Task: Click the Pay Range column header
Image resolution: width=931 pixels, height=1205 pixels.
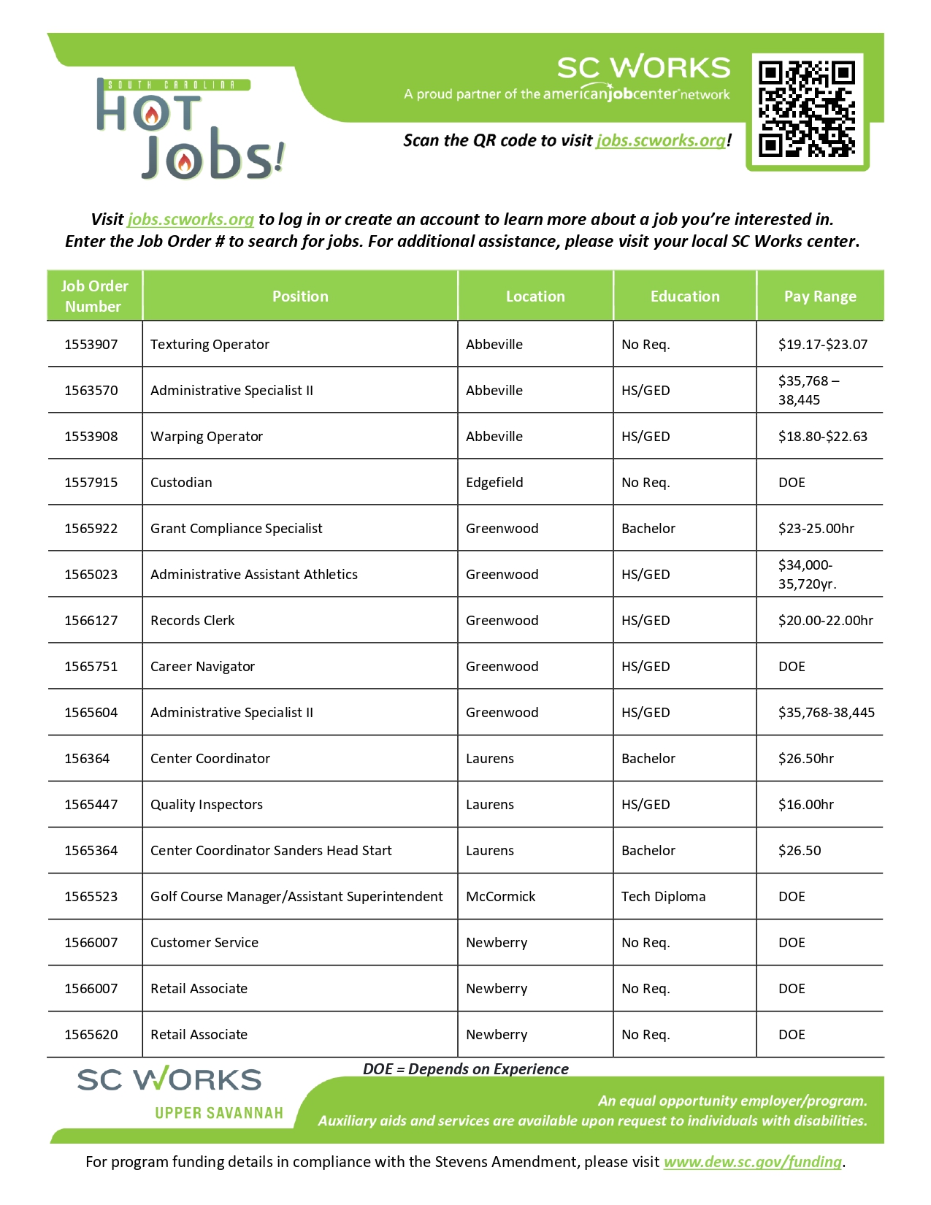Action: point(820,296)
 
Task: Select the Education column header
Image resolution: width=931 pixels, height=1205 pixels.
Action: point(685,296)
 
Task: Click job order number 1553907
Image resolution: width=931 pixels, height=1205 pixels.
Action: point(91,344)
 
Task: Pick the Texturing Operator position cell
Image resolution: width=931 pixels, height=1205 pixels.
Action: point(210,344)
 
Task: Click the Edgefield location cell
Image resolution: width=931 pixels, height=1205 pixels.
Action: point(494,482)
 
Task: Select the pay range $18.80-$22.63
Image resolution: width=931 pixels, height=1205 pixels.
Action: point(822,436)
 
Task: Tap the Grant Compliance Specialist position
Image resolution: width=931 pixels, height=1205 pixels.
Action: point(236,528)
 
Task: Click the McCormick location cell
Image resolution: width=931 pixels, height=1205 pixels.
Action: point(500,896)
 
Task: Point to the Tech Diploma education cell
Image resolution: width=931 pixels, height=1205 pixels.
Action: point(663,896)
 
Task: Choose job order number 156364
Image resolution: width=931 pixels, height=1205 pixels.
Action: point(87,758)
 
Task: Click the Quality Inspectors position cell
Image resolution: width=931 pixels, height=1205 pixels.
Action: point(207,804)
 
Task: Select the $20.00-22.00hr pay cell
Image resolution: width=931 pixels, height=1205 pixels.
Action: point(825,620)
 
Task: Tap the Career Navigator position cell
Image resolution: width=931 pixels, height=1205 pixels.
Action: point(202,666)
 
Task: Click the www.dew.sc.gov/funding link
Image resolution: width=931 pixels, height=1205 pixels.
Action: point(752,1161)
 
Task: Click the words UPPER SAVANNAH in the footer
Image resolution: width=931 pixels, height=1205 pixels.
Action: point(218,1112)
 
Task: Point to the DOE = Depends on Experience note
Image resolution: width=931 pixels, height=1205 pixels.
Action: point(465,1068)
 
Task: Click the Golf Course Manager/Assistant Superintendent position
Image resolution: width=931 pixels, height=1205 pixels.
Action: point(296,896)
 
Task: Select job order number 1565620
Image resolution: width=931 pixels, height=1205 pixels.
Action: point(91,1034)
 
